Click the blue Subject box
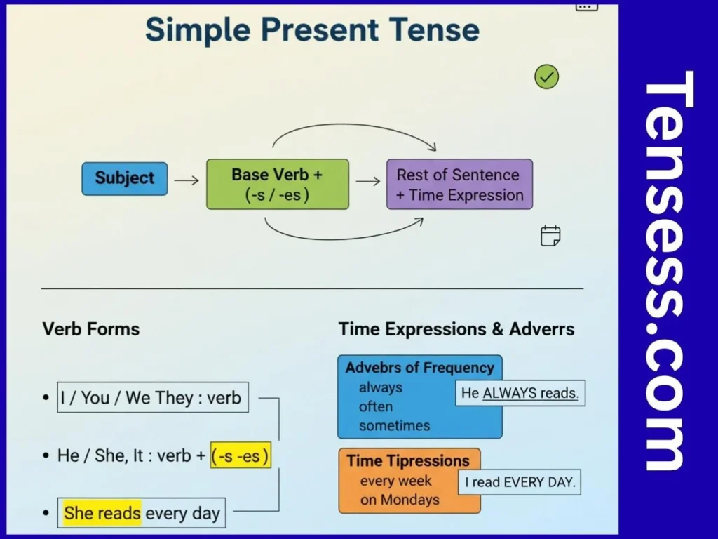(x=125, y=178)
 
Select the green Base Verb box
(x=277, y=184)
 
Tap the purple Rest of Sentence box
(x=459, y=184)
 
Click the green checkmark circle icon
(x=546, y=76)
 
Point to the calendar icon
(x=550, y=236)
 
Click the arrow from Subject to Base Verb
(x=187, y=180)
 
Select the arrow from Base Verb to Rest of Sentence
(x=368, y=181)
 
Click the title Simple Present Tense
(x=312, y=31)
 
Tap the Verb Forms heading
(x=91, y=329)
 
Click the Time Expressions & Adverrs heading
(x=456, y=329)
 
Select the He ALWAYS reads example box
(x=520, y=393)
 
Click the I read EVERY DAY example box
(x=520, y=482)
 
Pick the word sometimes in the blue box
(x=394, y=426)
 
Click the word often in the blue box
(x=376, y=407)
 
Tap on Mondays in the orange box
(x=400, y=500)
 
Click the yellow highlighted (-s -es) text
(x=241, y=456)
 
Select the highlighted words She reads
(x=102, y=513)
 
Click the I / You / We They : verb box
(x=152, y=398)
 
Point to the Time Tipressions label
(x=408, y=461)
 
